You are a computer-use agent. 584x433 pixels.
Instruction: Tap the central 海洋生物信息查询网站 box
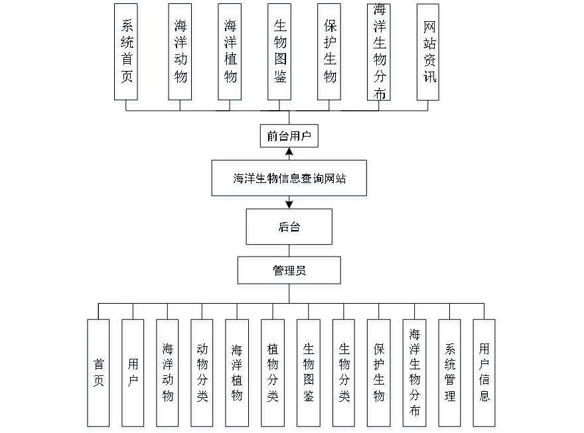point(289,180)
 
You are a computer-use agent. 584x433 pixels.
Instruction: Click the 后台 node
point(289,229)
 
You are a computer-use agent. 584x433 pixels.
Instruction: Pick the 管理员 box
point(289,273)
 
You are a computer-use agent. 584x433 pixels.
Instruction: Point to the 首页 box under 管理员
point(99,375)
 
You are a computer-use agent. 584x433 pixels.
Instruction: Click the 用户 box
point(133,375)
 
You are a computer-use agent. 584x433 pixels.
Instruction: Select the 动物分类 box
point(202,375)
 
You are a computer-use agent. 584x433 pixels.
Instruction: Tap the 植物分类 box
point(273,375)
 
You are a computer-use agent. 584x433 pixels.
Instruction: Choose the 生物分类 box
point(344,375)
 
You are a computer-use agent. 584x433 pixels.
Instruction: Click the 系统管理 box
point(451,375)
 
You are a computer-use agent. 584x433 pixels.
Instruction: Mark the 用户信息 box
point(485,375)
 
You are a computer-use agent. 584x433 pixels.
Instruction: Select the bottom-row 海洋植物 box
point(238,375)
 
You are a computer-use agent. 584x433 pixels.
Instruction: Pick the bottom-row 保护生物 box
point(379,375)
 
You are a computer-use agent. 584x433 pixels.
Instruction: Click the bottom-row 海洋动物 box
point(169,375)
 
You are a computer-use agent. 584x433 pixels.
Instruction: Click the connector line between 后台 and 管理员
point(290,253)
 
